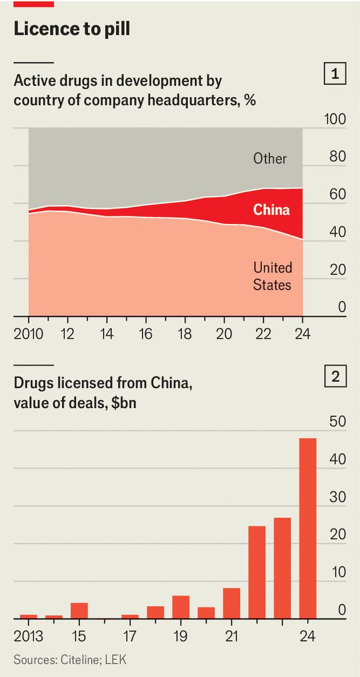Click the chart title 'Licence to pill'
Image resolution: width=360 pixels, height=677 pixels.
pyautogui.click(x=72, y=30)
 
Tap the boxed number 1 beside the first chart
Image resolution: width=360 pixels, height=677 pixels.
pyautogui.click(x=334, y=75)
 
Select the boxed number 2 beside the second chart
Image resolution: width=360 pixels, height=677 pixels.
pyautogui.click(x=334, y=378)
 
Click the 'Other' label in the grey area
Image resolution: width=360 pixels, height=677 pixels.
pyautogui.click(x=270, y=159)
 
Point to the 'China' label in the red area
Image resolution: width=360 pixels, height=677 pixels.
pyautogui.click(x=271, y=210)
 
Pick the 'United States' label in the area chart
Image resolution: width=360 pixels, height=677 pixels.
pyautogui.click(x=272, y=277)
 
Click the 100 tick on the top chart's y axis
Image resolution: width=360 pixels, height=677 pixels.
pyautogui.click(x=335, y=120)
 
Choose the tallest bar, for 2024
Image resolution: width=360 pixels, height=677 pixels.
pyautogui.click(x=307, y=528)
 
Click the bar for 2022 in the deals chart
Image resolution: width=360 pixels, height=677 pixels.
pyautogui.click(x=256, y=573)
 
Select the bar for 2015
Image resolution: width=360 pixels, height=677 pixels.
pyautogui.click(x=79, y=611)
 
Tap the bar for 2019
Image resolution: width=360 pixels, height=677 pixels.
pyautogui.click(x=181, y=607)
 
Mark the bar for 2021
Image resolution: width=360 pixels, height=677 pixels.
pyautogui.click(x=232, y=603)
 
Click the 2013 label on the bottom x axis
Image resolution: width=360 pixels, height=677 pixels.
pyautogui.click(x=28, y=637)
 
